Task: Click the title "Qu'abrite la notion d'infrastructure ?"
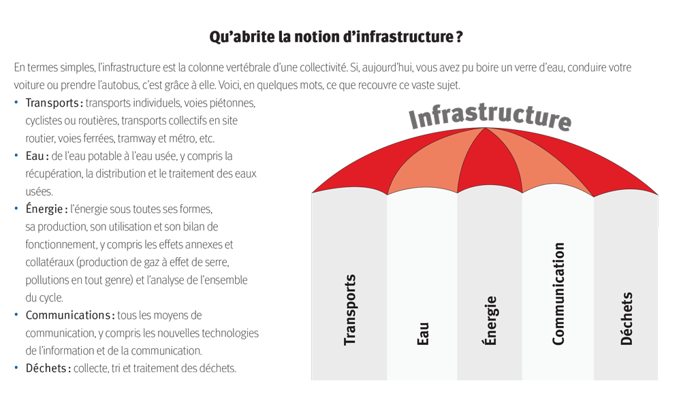click(x=336, y=37)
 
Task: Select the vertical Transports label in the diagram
click(x=349, y=310)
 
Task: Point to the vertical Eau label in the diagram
click(x=423, y=334)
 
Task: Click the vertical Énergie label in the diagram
click(x=490, y=321)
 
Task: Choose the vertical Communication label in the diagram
click(x=558, y=294)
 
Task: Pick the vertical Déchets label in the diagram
click(x=626, y=318)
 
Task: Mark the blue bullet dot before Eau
click(x=16, y=155)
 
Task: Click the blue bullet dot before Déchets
click(x=16, y=367)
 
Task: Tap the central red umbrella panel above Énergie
click(x=488, y=163)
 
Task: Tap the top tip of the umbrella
click(x=485, y=128)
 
